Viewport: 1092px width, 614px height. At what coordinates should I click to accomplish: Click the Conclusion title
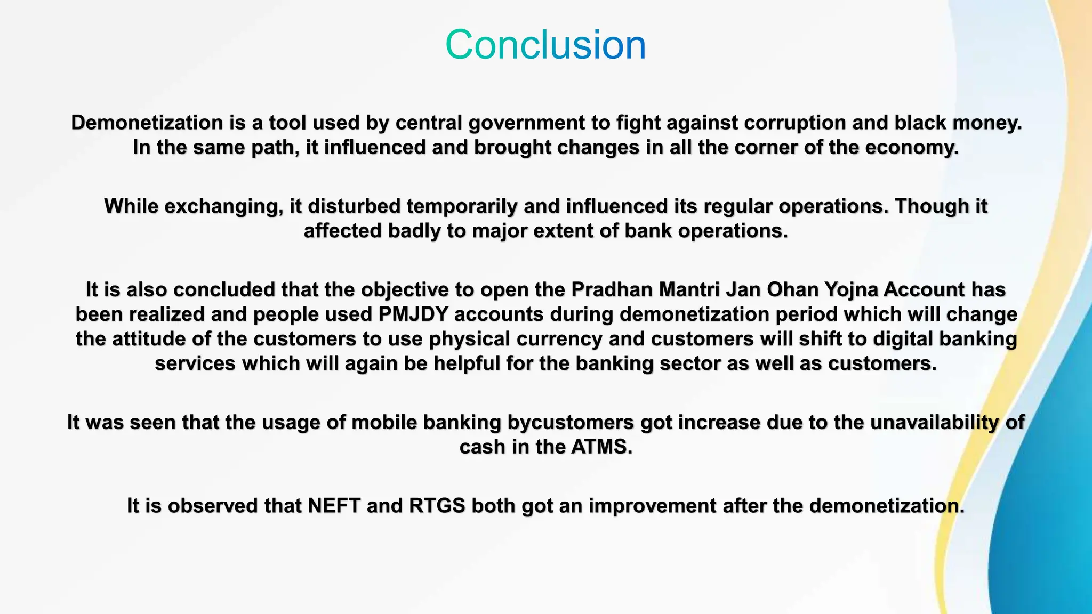click(x=545, y=45)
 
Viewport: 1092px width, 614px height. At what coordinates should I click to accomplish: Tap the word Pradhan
click(x=612, y=289)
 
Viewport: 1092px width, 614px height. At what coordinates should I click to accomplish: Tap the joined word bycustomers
click(x=570, y=422)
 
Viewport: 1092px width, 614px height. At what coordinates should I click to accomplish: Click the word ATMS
click(x=601, y=447)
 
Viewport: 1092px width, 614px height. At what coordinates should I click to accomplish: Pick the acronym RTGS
click(x=437, y=505)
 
